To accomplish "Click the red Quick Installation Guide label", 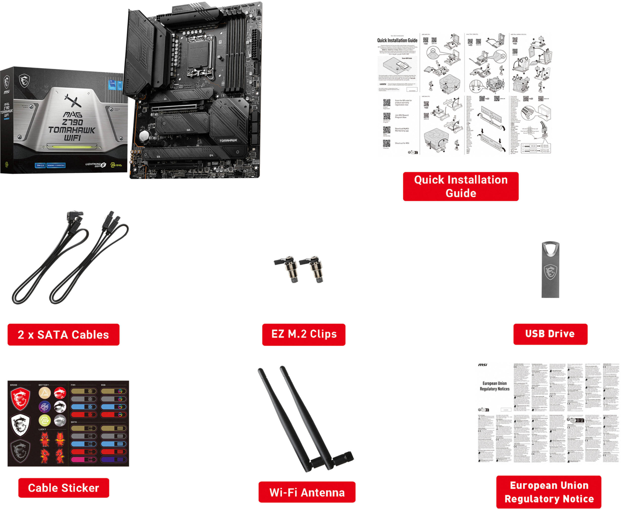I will [460, 186].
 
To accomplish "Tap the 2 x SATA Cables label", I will [63, 335].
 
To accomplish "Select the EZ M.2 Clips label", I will [304, 334].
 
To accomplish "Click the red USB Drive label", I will [550, 334].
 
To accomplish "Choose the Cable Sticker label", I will [63, 488].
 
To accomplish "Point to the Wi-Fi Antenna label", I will [307, 492].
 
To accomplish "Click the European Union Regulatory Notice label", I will [549, 492].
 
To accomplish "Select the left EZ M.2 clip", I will [287, 268].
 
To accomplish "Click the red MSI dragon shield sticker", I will [20, 398].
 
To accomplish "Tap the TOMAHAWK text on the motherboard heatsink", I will [228, 141].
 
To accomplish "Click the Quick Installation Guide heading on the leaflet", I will [397, 41].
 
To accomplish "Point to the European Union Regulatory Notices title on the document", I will [494, 386].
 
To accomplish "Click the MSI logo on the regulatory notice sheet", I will [483, 365].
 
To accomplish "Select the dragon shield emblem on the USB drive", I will [550, 273].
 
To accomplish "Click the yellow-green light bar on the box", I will [72, 146].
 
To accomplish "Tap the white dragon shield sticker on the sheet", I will [20, 425].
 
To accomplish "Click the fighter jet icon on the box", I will [73, 101].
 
